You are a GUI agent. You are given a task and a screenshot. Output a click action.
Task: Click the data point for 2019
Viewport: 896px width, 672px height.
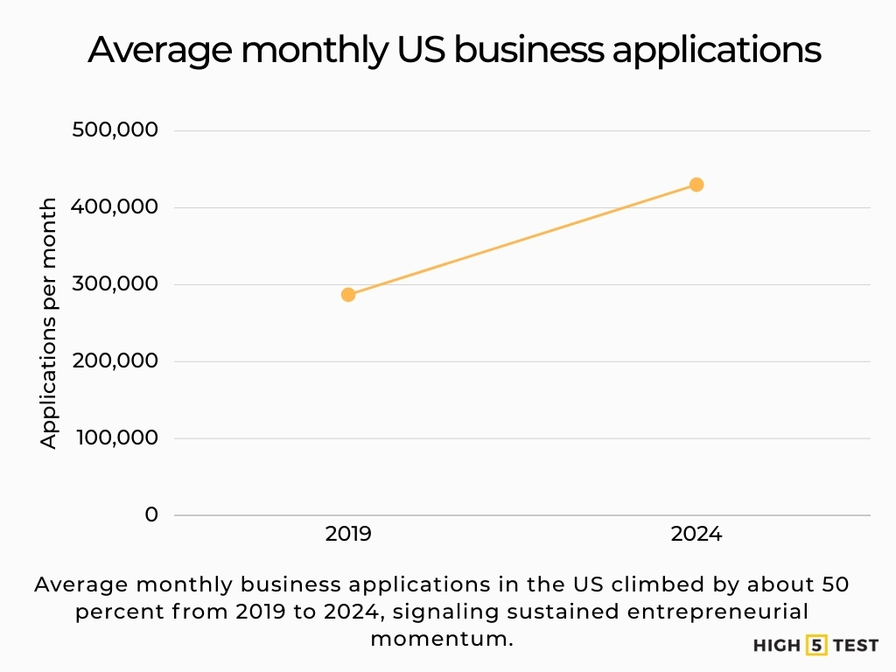(x=348, y=294)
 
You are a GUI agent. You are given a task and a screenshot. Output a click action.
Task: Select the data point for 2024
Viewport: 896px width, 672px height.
(x=696, y=185)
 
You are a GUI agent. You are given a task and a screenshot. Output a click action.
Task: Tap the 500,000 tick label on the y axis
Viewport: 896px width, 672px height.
(x=116, y=130)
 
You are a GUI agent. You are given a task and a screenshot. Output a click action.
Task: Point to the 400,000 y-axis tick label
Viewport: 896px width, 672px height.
(x=116, y=207)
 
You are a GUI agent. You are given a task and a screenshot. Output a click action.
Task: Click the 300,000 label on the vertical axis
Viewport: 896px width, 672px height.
(x=116, y=284)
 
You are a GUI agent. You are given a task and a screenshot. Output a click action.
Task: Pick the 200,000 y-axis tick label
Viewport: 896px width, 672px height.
(x=116, y=361)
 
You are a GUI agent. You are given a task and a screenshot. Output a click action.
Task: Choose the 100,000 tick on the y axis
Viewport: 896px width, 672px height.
(x=116, y=437)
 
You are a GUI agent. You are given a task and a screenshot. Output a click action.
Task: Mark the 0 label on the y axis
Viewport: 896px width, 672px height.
(x=151, y=514)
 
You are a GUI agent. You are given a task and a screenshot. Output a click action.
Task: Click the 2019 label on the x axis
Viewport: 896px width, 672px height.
(x=348, y=534)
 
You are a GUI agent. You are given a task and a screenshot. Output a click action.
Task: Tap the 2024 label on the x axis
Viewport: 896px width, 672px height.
(x=696, y=534)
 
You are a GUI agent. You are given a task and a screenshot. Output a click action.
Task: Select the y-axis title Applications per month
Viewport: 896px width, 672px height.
(x=49, y=323)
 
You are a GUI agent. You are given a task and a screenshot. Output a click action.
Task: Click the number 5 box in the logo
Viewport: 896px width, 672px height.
(x=816, y=646)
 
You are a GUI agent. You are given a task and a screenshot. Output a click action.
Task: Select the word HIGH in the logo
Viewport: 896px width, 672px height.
(x=776, y=646)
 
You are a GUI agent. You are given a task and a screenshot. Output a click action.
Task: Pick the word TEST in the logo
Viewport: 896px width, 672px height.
(x=855, y=646)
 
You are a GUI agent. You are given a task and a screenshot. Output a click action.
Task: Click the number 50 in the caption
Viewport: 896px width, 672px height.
(x=837, y=584)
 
